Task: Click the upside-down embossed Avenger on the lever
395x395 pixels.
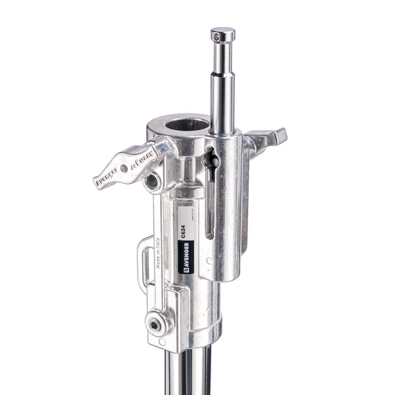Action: click(141, 161)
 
